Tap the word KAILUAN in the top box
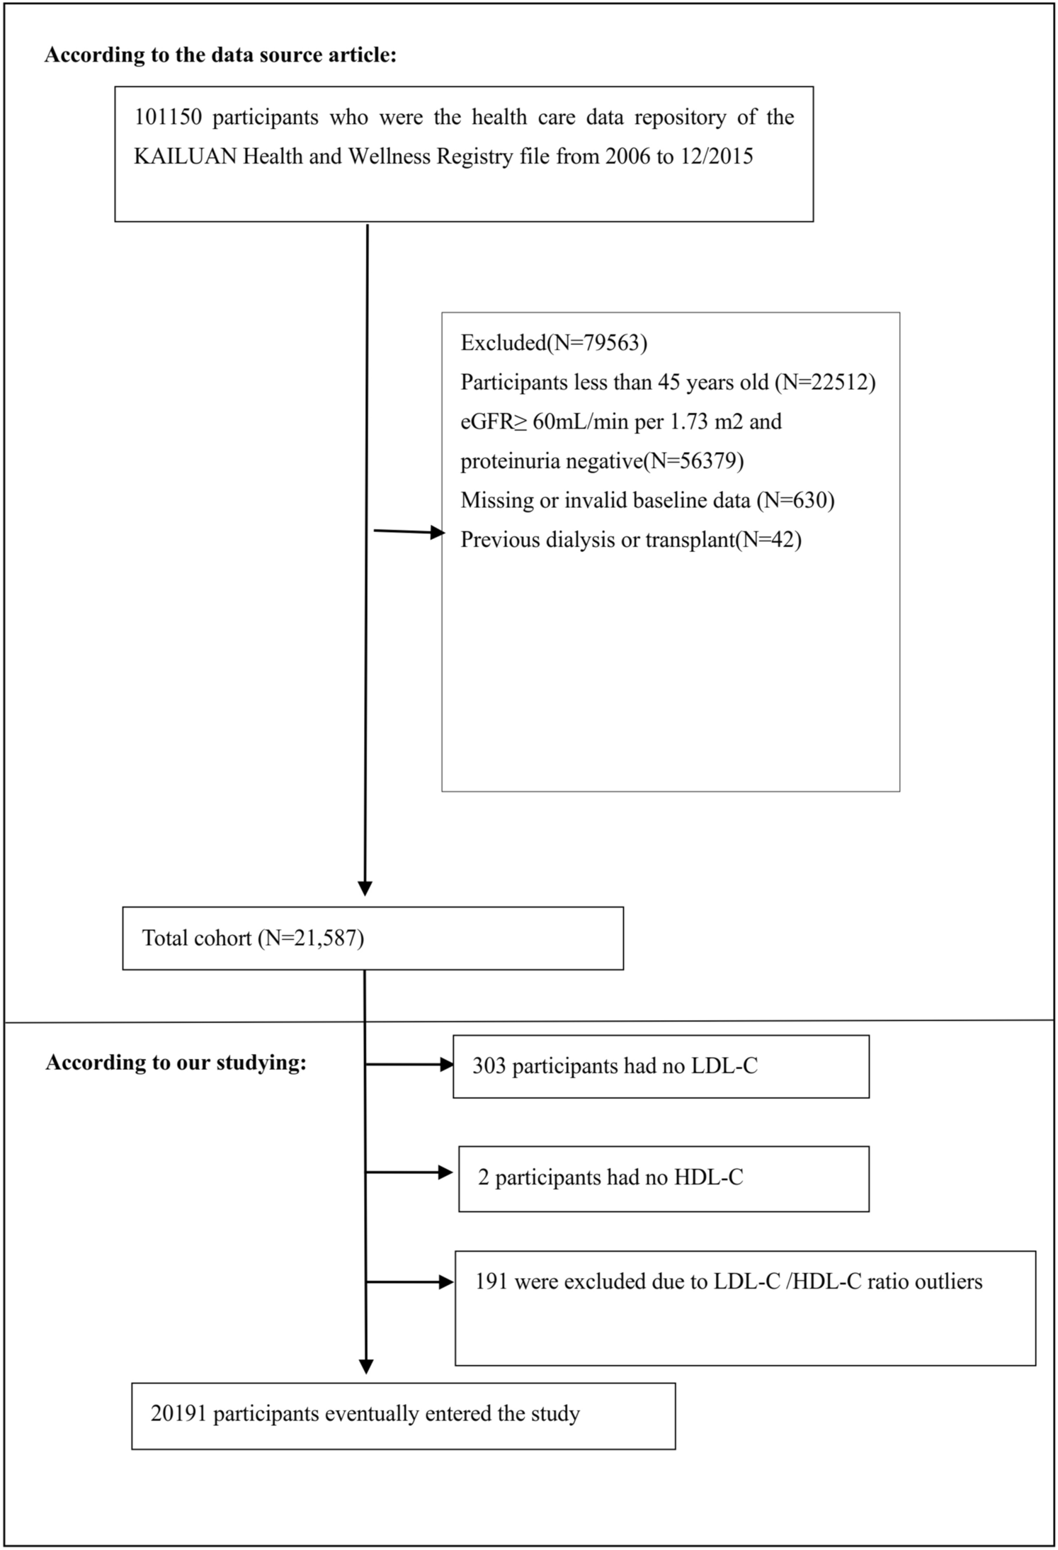[x=186, y=156]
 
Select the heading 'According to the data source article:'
[x=220, y=55]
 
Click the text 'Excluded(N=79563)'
[x=554, y=343]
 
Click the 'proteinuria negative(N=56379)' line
[x=602, y=461]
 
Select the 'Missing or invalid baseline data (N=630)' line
[x=647, y=500]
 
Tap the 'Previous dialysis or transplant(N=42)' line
[x=630, y=540]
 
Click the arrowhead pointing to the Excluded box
[x=437, y=532]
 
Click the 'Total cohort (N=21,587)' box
[x=372, y=938]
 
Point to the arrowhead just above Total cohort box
[x=365, y=888]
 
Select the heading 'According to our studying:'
[x=176, y=1063]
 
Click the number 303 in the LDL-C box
[x=489, y=1066]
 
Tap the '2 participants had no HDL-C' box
[x=663, y=1177]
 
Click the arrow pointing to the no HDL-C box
[x=445, y=1172]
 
